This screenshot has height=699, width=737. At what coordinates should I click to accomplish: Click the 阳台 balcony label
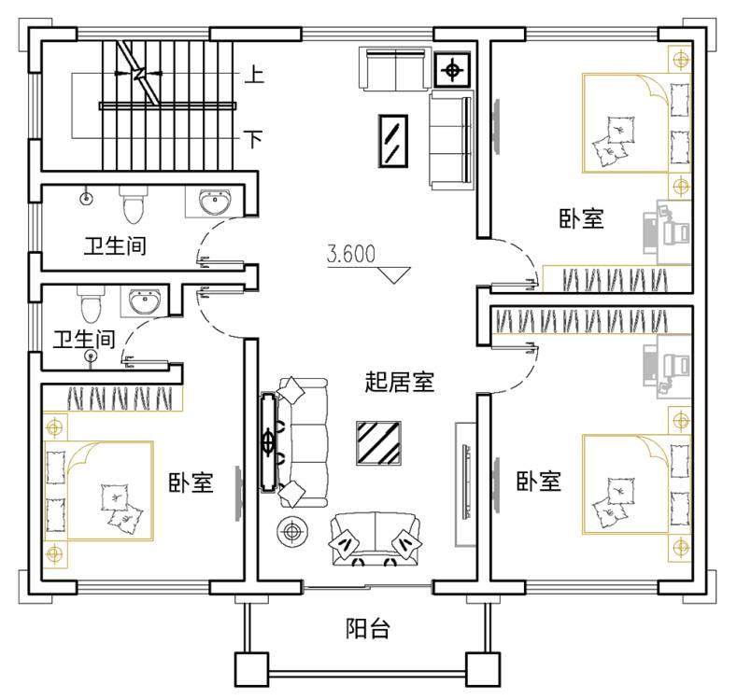tap(368, 629)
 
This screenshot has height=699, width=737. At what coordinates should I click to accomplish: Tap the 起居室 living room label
tap(400, 382)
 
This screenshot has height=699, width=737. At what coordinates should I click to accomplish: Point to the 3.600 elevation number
tap(351, 254)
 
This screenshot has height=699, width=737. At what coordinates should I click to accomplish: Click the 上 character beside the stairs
tap(254, 75)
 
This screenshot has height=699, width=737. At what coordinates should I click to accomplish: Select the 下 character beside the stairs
tap(253, 138)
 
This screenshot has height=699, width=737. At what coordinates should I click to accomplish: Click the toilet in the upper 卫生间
tap(133, 204)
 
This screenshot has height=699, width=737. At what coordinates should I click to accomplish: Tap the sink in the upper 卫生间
tap(214, 202)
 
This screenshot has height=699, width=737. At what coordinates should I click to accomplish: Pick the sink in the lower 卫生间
tap(145, 301)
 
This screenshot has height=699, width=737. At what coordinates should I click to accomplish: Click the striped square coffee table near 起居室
tap(378, 443)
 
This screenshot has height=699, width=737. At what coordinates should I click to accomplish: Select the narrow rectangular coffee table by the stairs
tap(393, 140)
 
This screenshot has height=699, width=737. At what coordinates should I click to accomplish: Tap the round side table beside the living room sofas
tap(292, 531)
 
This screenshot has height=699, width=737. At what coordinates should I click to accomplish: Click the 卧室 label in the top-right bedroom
tap(581, 218)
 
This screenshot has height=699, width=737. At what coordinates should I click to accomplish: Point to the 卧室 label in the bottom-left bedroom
tap(191, 482)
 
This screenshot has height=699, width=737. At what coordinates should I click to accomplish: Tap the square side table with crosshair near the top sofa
tap(452, 70)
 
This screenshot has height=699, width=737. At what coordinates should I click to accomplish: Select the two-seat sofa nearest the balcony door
tap(375, 539)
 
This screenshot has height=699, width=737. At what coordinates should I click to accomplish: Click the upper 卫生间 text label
tap(115, 245)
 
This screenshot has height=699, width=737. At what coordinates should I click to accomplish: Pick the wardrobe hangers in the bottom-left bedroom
tap(120, 398)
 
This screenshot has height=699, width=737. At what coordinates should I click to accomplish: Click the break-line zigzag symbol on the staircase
tap(138, 73)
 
